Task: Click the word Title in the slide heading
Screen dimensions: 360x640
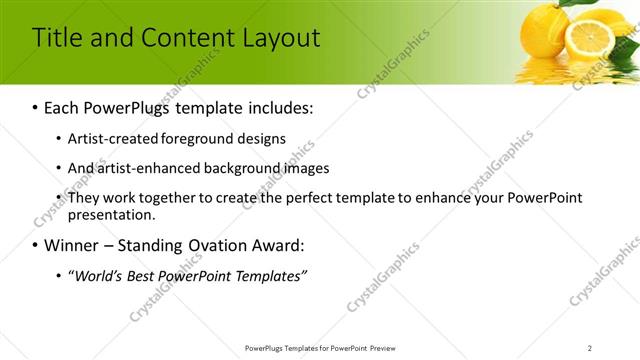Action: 56,38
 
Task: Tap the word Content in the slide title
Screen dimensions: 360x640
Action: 186,38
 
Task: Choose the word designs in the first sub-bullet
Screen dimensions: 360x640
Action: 261,139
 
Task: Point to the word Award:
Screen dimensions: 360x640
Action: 271,245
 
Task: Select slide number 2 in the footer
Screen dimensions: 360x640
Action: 589,347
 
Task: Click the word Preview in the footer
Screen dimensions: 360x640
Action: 387,347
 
